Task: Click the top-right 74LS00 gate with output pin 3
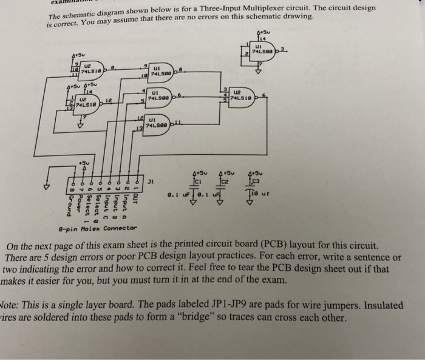point(265,51)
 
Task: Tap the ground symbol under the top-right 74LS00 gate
point(260,70)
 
